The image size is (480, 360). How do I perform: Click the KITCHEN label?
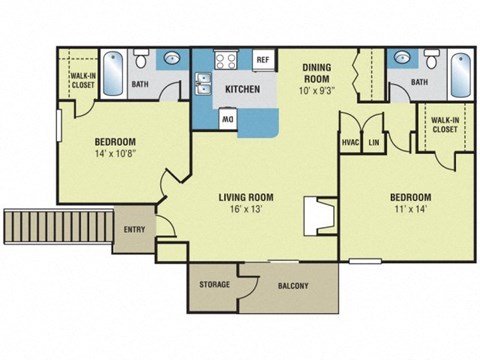(243, 89)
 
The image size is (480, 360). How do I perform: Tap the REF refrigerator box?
(263, 60)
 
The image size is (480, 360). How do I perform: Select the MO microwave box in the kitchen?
(228, 118)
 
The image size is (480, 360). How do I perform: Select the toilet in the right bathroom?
(431, 57)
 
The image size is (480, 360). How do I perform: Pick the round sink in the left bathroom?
(171, 58)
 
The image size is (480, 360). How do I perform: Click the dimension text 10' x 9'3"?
(325, 89)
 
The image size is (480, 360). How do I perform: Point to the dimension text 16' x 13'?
(246, 211)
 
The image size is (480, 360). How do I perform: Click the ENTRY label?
(134, 230)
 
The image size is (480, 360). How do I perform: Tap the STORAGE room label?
(214, 285)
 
